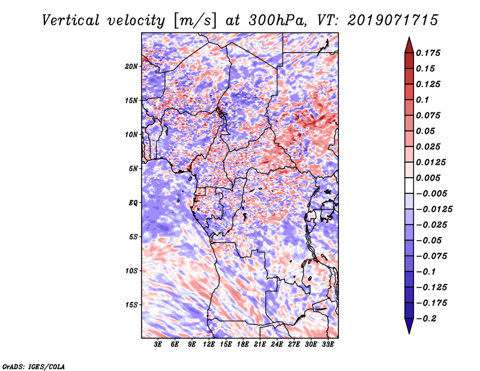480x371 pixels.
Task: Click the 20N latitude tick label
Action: tap(131, 66)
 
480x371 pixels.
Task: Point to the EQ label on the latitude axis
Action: tap(133, 202)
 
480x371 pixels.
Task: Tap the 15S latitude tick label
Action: tap(131, 304)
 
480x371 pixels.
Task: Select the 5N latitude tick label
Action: tap(133, 168)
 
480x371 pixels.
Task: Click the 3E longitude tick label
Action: tap(158, 345)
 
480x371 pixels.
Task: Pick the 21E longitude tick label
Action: tap(260, 345)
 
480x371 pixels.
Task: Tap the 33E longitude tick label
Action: tap(328, 345)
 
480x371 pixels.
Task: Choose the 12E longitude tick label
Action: tap(209, 345)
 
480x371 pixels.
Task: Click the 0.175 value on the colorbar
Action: tap(429, 53)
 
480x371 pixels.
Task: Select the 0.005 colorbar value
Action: tap(429, 178)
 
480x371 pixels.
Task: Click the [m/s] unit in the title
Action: tap(192, 20)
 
